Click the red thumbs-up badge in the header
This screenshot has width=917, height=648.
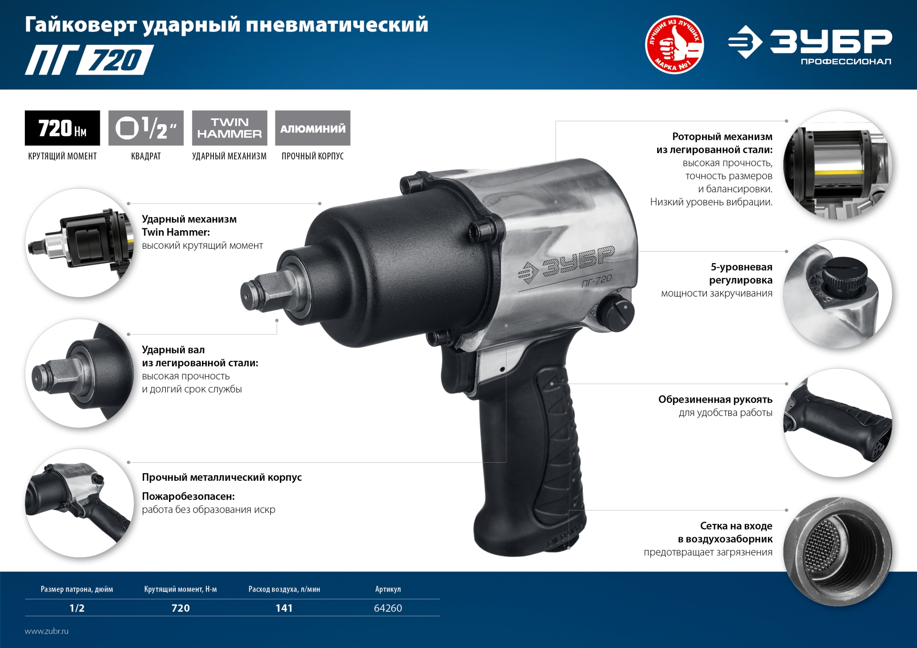coord(674,44)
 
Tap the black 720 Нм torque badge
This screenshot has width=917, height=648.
coord(63,128)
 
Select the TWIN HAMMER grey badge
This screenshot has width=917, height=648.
coord(230,128)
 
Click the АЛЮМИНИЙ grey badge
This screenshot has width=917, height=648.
coord(313,128)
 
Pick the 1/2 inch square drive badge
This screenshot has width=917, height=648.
coord(146,128)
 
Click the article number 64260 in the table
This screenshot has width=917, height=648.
coord(388,608)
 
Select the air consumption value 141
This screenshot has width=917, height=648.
coord(284,608)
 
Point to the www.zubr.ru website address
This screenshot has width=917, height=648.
coord(47,631)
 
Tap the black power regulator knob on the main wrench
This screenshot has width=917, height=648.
coord(617,313)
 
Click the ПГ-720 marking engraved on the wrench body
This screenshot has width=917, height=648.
coord(597,281)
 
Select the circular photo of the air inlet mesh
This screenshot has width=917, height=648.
coord(838,551)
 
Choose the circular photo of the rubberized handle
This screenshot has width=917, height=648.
coord(838,423)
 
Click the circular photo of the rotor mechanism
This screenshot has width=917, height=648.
coord(838,165)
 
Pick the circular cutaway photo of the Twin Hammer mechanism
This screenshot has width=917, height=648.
coord(80,243)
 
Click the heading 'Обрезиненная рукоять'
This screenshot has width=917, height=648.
coord(715,399)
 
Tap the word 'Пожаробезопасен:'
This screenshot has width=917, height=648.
coord(188,496)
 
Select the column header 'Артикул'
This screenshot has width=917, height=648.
coord(388,589)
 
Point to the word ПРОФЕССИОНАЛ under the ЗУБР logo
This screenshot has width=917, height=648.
coord(846,62)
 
